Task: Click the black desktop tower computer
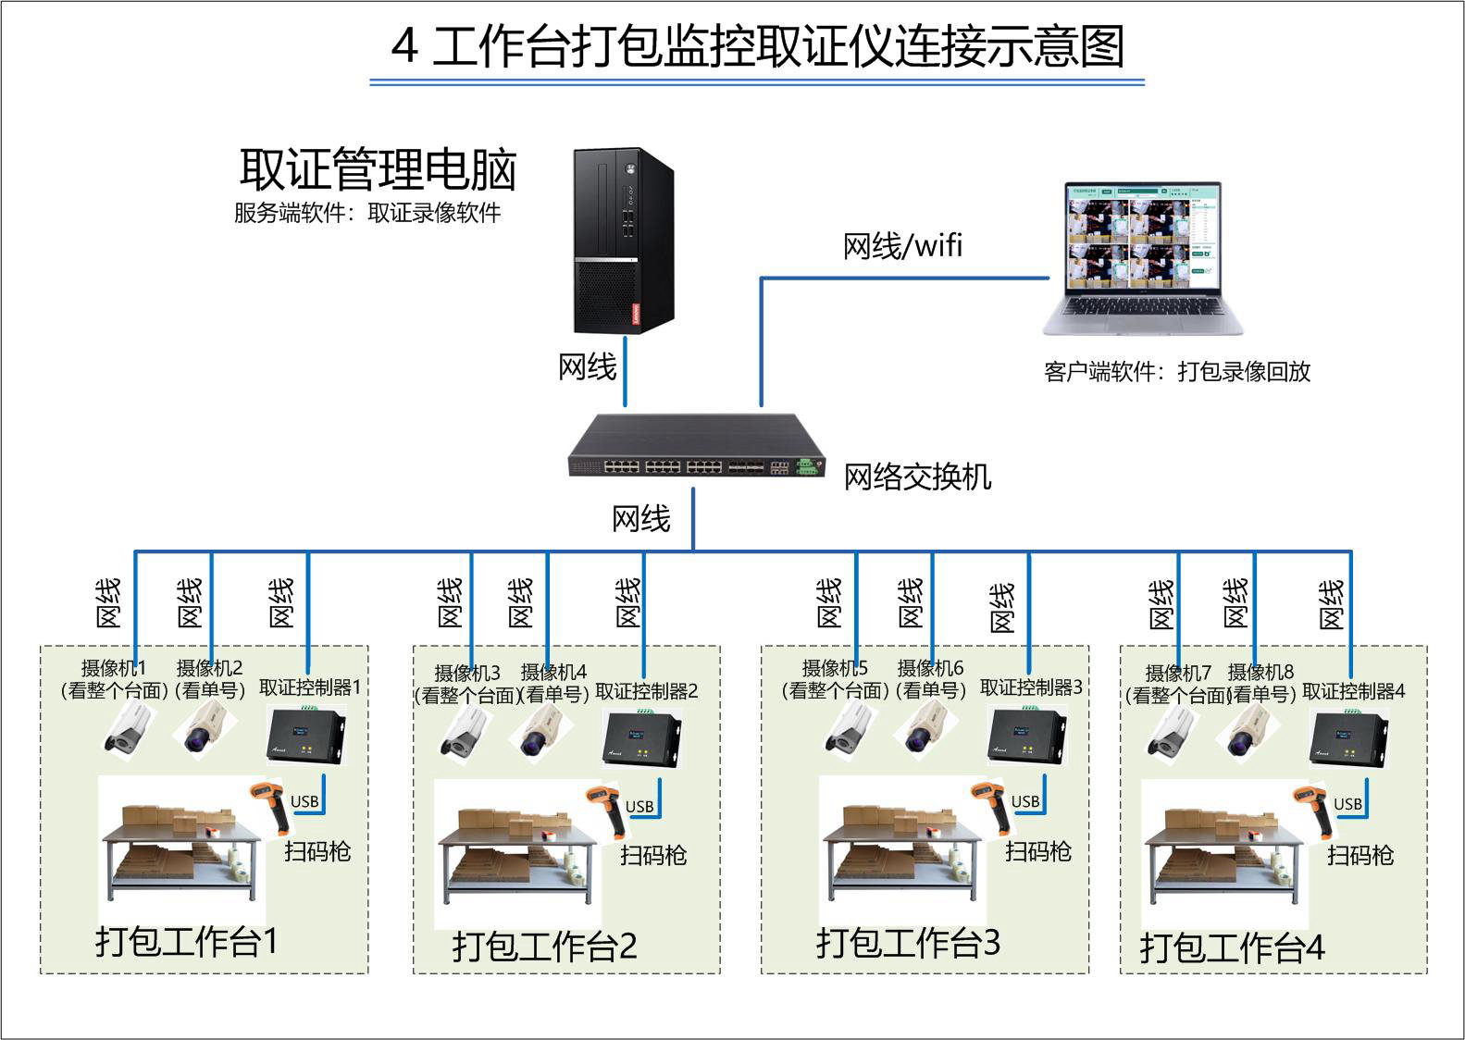click(x=622, y=241)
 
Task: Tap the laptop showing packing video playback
click(x=1143, y=259)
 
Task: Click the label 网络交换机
click(x=917, y=477)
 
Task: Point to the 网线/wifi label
click(x=902, y=245)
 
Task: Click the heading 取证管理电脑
click(x=378, y=168)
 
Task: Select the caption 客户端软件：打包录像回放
click(x=1177, y=372)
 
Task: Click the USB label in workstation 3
click(x=1025, y=801)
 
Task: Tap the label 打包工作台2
click(x=544, y=947)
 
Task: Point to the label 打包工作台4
click(x=1232, y=947)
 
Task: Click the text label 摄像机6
click(x=930, y=668)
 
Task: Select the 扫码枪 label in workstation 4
click(x=1360, y=855)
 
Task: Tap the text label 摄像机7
click(x=1177, y=673)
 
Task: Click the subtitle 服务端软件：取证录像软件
click(x=367, y=213)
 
